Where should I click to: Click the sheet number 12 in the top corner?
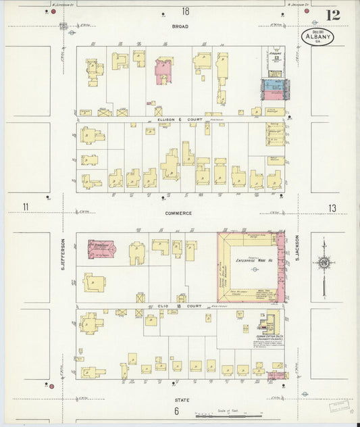pos(332,15)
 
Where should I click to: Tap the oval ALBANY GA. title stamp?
pos(317,36)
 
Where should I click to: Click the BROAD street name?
pos(180,27)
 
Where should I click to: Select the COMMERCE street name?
pos(179,213)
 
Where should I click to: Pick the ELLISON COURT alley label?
pos(175,119)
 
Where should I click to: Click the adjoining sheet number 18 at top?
pos(184,11)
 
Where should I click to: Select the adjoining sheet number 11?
pos(25,207)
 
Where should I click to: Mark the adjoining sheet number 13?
pos(331,208)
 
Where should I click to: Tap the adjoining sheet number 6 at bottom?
pos(176,411)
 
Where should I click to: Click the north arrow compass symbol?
pos(324,263)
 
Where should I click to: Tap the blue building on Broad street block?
pos(273,84)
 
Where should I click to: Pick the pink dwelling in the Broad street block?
pos(163,70)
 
